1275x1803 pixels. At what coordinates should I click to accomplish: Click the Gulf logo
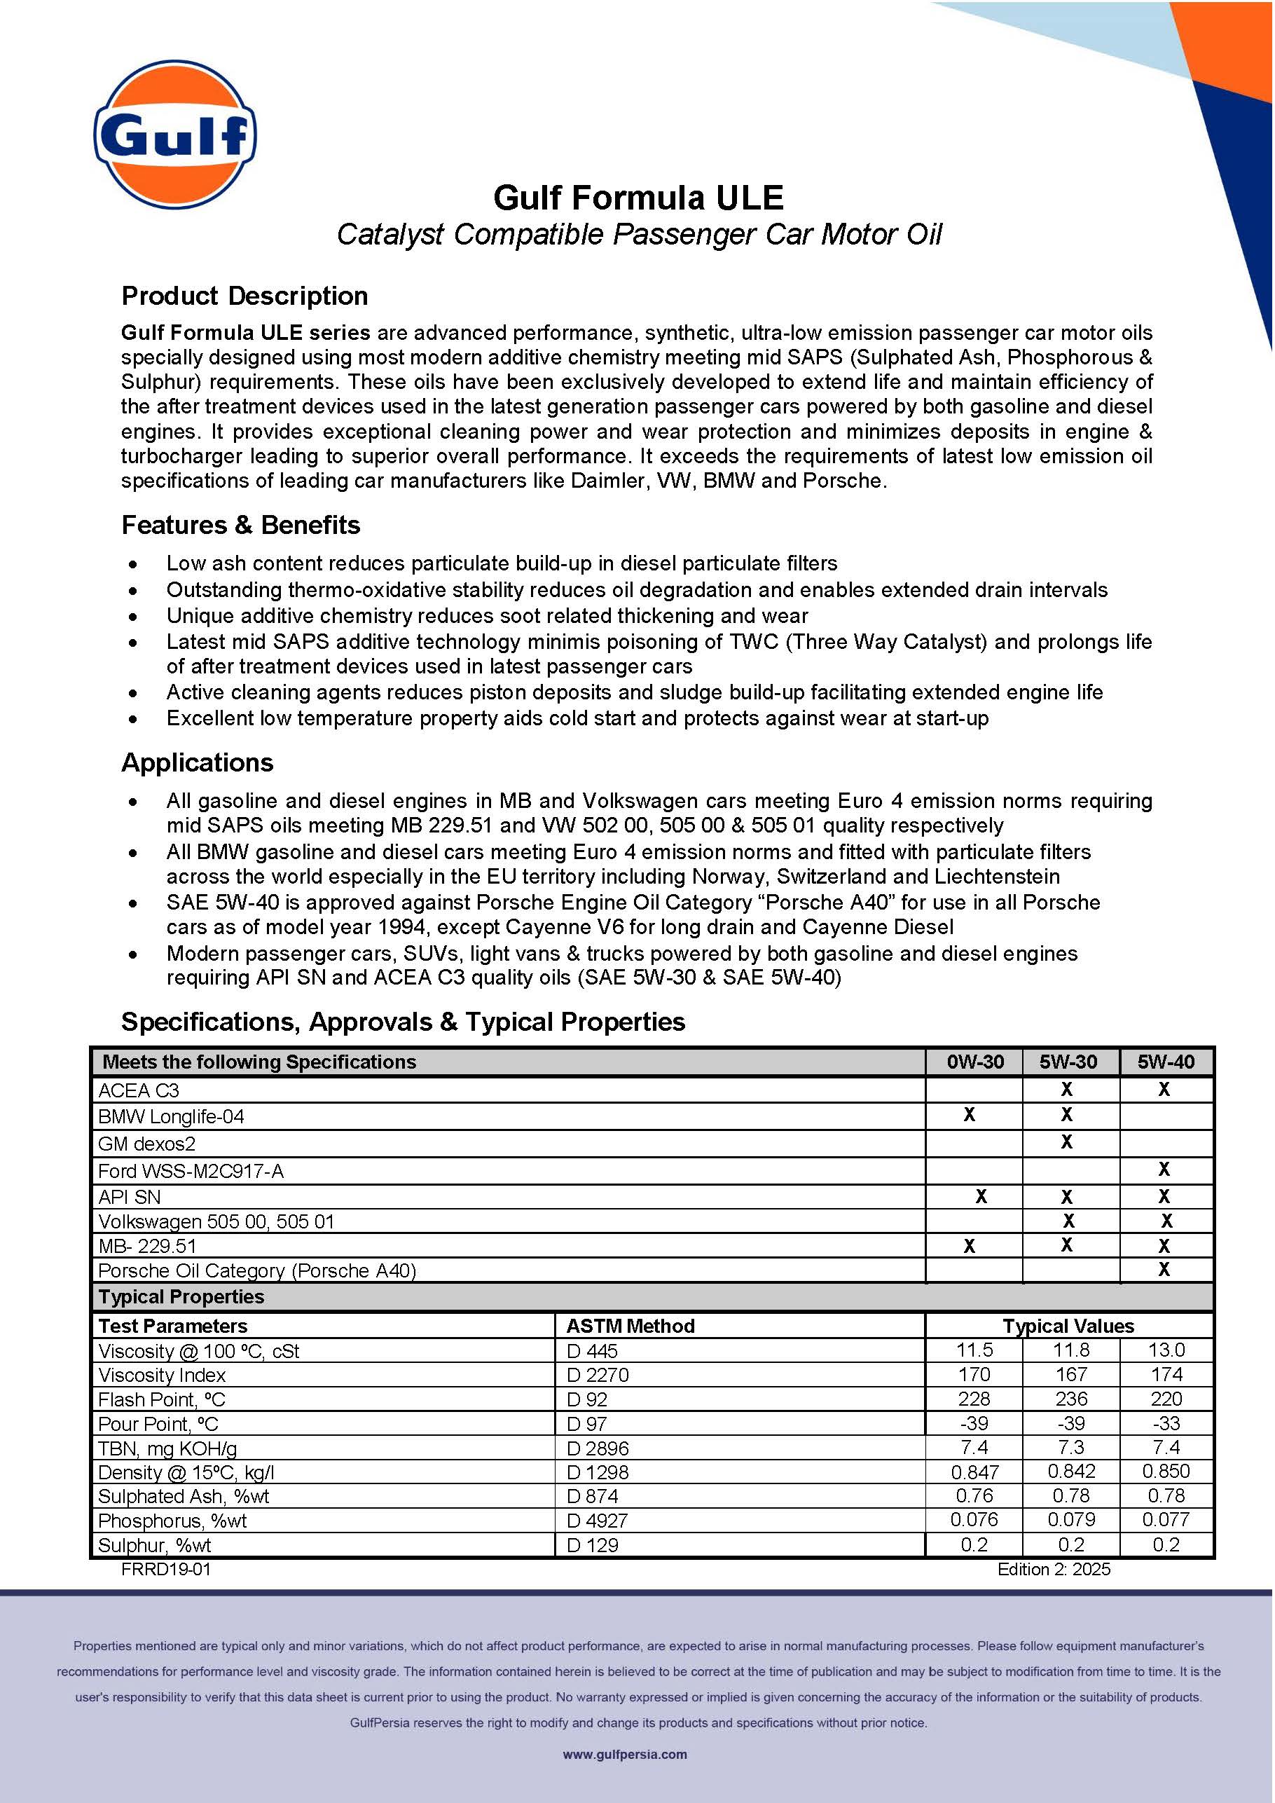pyautogui.click(x=175, y=135)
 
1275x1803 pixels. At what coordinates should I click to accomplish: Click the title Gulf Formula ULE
pyautogui.click(x=637, y=197)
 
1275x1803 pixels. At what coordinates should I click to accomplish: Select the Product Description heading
pyautogui.click(x=244, y=296)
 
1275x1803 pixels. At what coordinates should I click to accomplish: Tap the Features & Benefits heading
pyautogui.click(x=240, y=525)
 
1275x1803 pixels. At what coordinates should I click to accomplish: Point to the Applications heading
pyautogui.click(x=197, y=762)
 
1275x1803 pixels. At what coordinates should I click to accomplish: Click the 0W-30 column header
pyautogui.click(x=974, y=1062)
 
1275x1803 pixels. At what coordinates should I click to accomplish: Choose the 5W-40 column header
pyautogui.click(x=1166, y=1062)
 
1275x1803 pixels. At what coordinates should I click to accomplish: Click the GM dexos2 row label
pyautogui.click(x=147, y=1144)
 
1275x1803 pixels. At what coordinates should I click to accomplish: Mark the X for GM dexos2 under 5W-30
pyautogui.click(x=1066, y=1142)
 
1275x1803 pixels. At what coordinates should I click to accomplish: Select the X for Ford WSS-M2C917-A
pyautogui.click(x=1164, y=1170)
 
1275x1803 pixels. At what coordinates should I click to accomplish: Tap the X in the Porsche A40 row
pyautogui.click(x=1164, y=1269)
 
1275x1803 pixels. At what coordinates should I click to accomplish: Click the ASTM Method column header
pyautogui.click(x=630, y=1326)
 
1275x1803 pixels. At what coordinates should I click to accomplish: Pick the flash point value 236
pyautogui.click(x=1071, y=1399)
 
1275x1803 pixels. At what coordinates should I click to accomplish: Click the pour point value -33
pyautogui.click(x=1166, y=1423)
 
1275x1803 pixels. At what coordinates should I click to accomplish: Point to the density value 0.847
pyautogui.click(x=974, y=1472)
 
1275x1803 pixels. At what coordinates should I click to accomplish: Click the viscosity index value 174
pyautogui.click(x=1166, y=1374)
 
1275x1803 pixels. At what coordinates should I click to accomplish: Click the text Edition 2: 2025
pyautogui.click(x=1054, y=1569)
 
